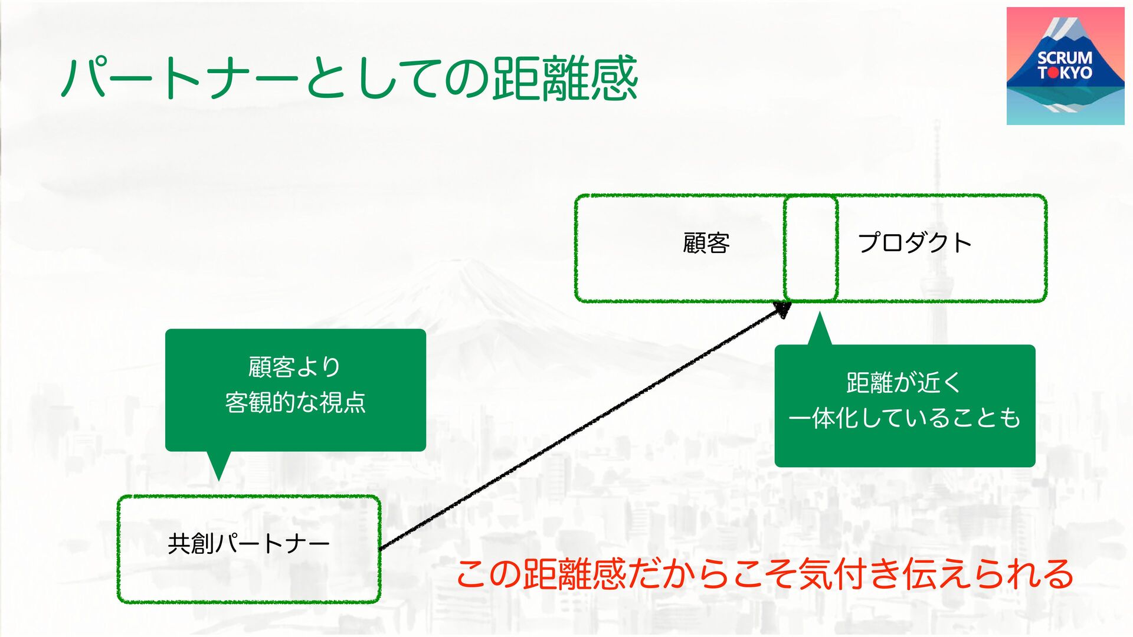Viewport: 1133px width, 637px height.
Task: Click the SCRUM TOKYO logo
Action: (x=1065, y=66)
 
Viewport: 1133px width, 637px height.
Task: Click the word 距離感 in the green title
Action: (x=565, y=78)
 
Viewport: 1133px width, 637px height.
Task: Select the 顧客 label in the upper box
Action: (x=706, y=243)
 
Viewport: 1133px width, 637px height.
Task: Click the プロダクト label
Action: (x=914, y=243)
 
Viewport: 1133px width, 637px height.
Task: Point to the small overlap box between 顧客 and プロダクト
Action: (x=811, y=248)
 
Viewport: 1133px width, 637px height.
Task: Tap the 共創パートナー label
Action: (x=248, y=544)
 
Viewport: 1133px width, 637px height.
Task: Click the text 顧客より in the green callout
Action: (x=294, y=367)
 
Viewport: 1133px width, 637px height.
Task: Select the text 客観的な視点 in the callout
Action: (x=295, y=403)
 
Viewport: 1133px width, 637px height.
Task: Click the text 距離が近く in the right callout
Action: (x=903, y=383)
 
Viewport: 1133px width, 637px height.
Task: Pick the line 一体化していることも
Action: (x=904, y=418)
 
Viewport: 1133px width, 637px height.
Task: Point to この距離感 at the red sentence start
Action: (x=540, y=574)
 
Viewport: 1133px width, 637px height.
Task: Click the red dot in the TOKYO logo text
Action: (x=1054, y=73)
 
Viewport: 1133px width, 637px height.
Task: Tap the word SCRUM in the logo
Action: (x=1065, y=58)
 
